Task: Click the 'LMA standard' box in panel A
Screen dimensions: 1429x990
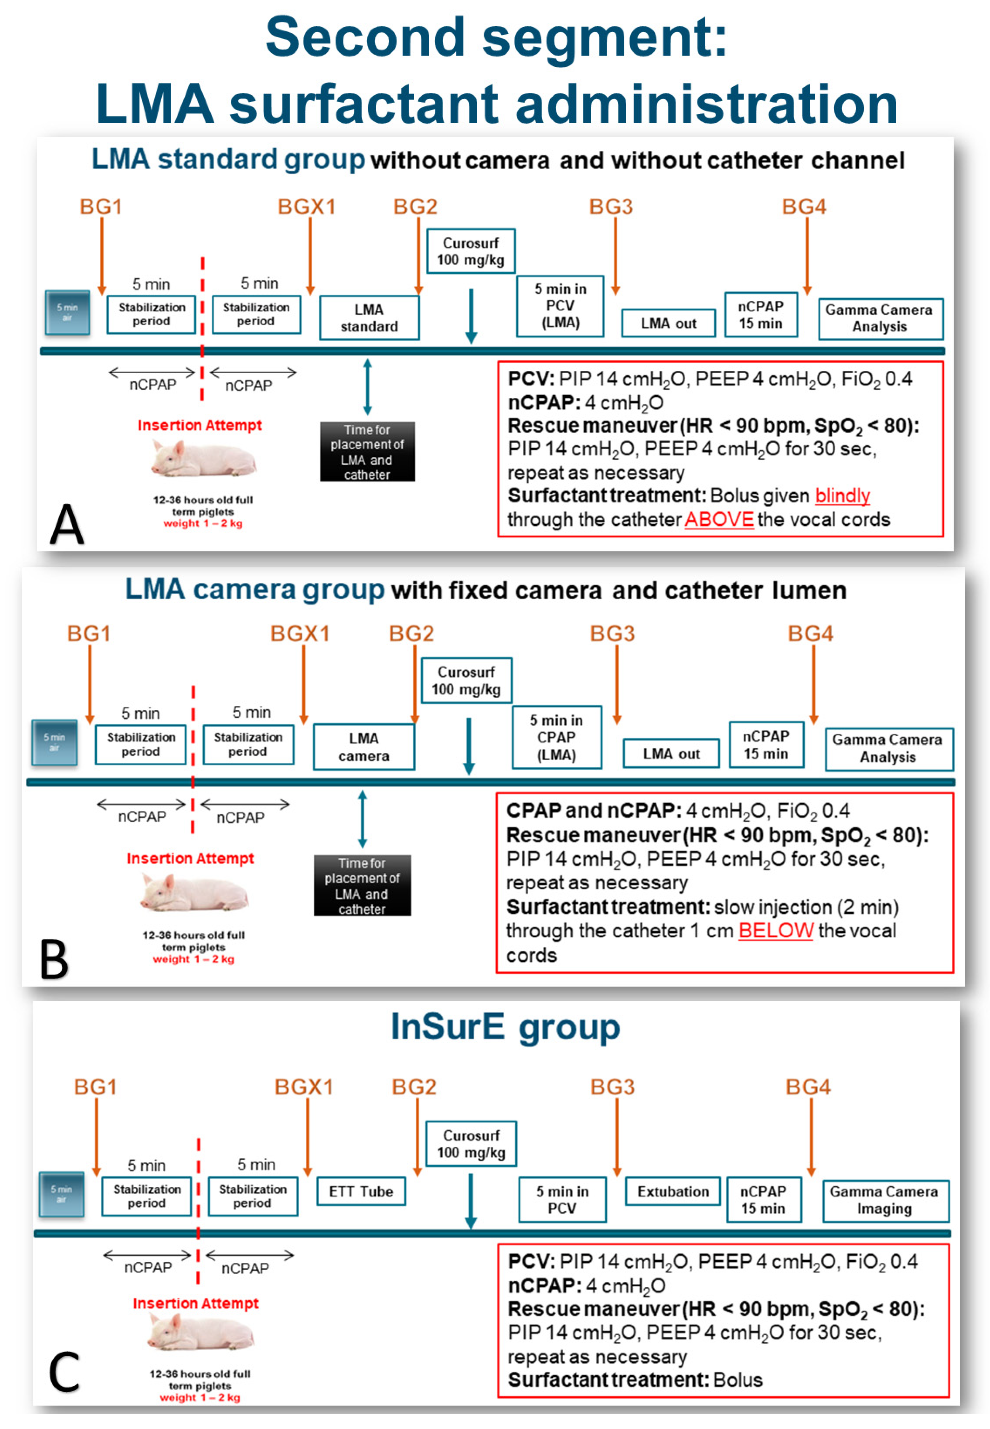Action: click(x=369, y=318)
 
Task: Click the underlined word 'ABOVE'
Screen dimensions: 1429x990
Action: click(x=719, y=519)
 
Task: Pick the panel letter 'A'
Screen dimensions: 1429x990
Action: click(x=66, y=524)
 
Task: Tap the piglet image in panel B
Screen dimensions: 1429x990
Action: click(x=194, y=891)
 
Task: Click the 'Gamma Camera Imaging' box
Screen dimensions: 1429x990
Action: click(x=885, y=1200)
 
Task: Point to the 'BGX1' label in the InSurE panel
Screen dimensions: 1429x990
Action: click(x=304, y=1087)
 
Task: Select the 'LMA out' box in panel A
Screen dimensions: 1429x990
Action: click(x=668, y=323)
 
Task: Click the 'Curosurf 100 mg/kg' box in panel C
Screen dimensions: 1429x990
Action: click(x=471, y=1143)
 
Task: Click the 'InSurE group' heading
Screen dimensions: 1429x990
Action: click(x=505, y=1027)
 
